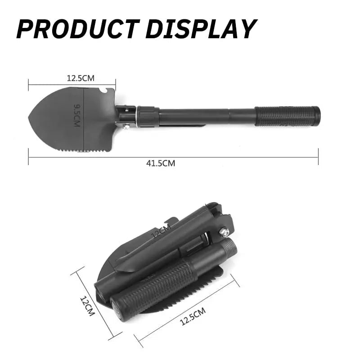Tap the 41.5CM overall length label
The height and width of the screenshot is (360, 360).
[x=161, y=163]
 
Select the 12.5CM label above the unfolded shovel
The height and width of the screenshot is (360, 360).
[x=81, y=78]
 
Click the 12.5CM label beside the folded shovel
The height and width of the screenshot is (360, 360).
[x=193, y=316]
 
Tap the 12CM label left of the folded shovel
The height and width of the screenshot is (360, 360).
[x=87, y=306]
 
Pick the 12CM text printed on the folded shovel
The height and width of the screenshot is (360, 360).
[x=161, y=233]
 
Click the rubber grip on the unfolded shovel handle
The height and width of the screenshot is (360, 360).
[x=288, y=116]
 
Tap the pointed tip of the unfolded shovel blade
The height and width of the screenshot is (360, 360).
[x=30, y=119]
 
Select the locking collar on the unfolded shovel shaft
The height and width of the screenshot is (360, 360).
[x=148, y=116]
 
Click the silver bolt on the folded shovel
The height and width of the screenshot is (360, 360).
[x=224, y=232]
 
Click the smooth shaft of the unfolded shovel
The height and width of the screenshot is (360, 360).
[x=207, y=116]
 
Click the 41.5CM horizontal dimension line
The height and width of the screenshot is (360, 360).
[x=225, y=157]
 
